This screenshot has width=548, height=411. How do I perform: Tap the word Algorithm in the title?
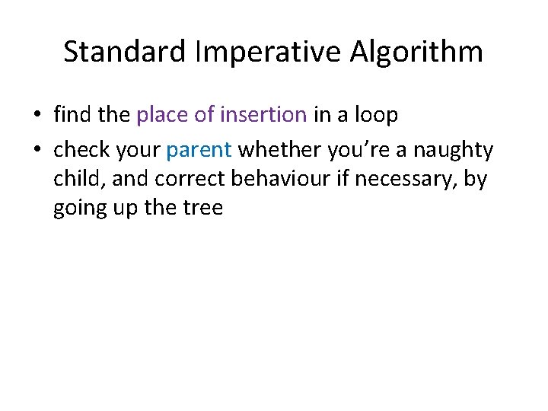pyautogui.click(x=416, y=53)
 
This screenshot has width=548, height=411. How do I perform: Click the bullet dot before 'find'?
pyautogui.click(x=37, y=116)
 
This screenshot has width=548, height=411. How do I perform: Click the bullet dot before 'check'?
pyautogui.click(x=37, y=151)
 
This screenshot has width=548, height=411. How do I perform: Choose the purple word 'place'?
pyautogui.click(x=162, y=115)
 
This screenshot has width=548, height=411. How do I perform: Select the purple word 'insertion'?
pyautogui.click(x=263, y=115)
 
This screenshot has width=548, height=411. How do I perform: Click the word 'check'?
pyautogui.click(x=81, y=151)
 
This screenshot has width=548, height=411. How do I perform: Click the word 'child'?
pyautogui.click(x=74, y=179)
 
